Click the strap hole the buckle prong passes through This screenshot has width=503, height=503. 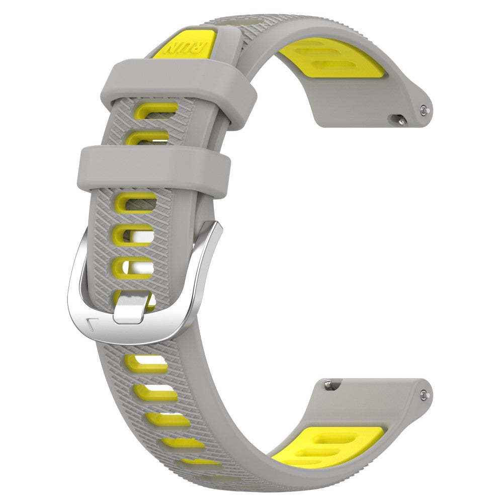click(134, 297)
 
